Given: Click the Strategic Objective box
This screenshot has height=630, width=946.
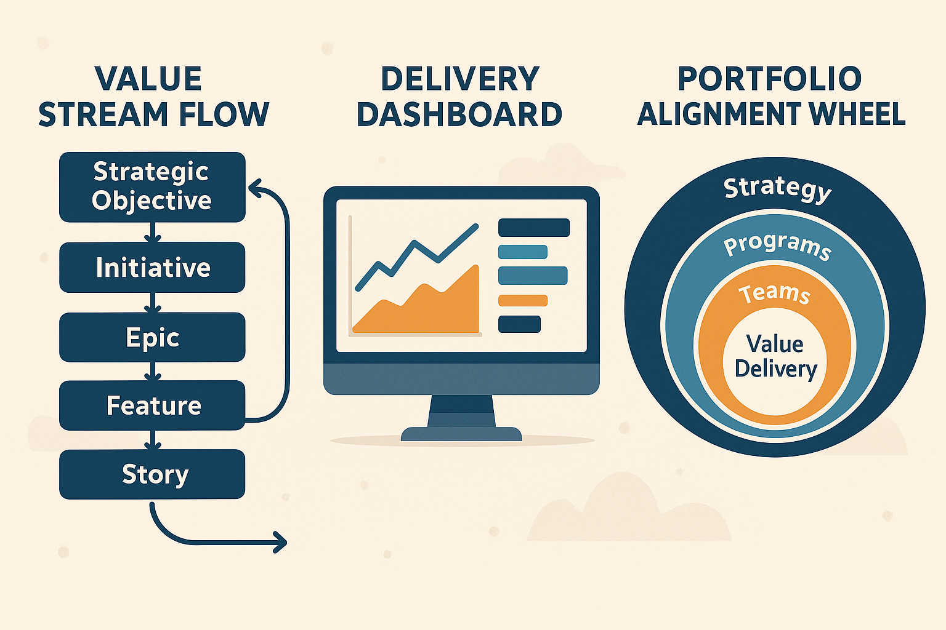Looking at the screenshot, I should pos(152,187).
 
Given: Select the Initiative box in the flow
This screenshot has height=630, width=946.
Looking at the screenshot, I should pos(152,268).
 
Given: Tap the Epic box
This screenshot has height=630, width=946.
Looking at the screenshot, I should pos(152,337).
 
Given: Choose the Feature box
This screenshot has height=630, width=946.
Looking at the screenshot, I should pos(152,405).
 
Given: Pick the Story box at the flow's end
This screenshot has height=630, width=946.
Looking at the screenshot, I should pos(152,474).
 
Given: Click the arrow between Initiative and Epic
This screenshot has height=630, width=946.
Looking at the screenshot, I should pos(152,303).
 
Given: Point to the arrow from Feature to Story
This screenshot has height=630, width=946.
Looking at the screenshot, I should pos(152,440).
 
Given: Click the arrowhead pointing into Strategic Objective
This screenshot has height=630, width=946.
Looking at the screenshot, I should pos(254,188).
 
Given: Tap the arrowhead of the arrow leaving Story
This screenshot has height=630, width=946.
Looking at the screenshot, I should pos(281,542).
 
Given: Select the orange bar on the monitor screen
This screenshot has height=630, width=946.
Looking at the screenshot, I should pos(522,301).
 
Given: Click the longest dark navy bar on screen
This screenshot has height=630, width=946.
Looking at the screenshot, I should pos(533,228).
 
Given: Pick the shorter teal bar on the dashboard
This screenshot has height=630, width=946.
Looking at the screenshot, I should pos(522,252).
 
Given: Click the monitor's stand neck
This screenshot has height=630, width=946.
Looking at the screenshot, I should pos(461,411).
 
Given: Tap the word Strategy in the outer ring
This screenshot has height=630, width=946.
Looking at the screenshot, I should pos(777,188).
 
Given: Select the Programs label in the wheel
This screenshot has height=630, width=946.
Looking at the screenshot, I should pos(777,245).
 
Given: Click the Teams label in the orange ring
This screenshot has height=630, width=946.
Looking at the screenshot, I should pos(774,293).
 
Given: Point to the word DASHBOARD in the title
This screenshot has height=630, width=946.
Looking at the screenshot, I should pos(459,114).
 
